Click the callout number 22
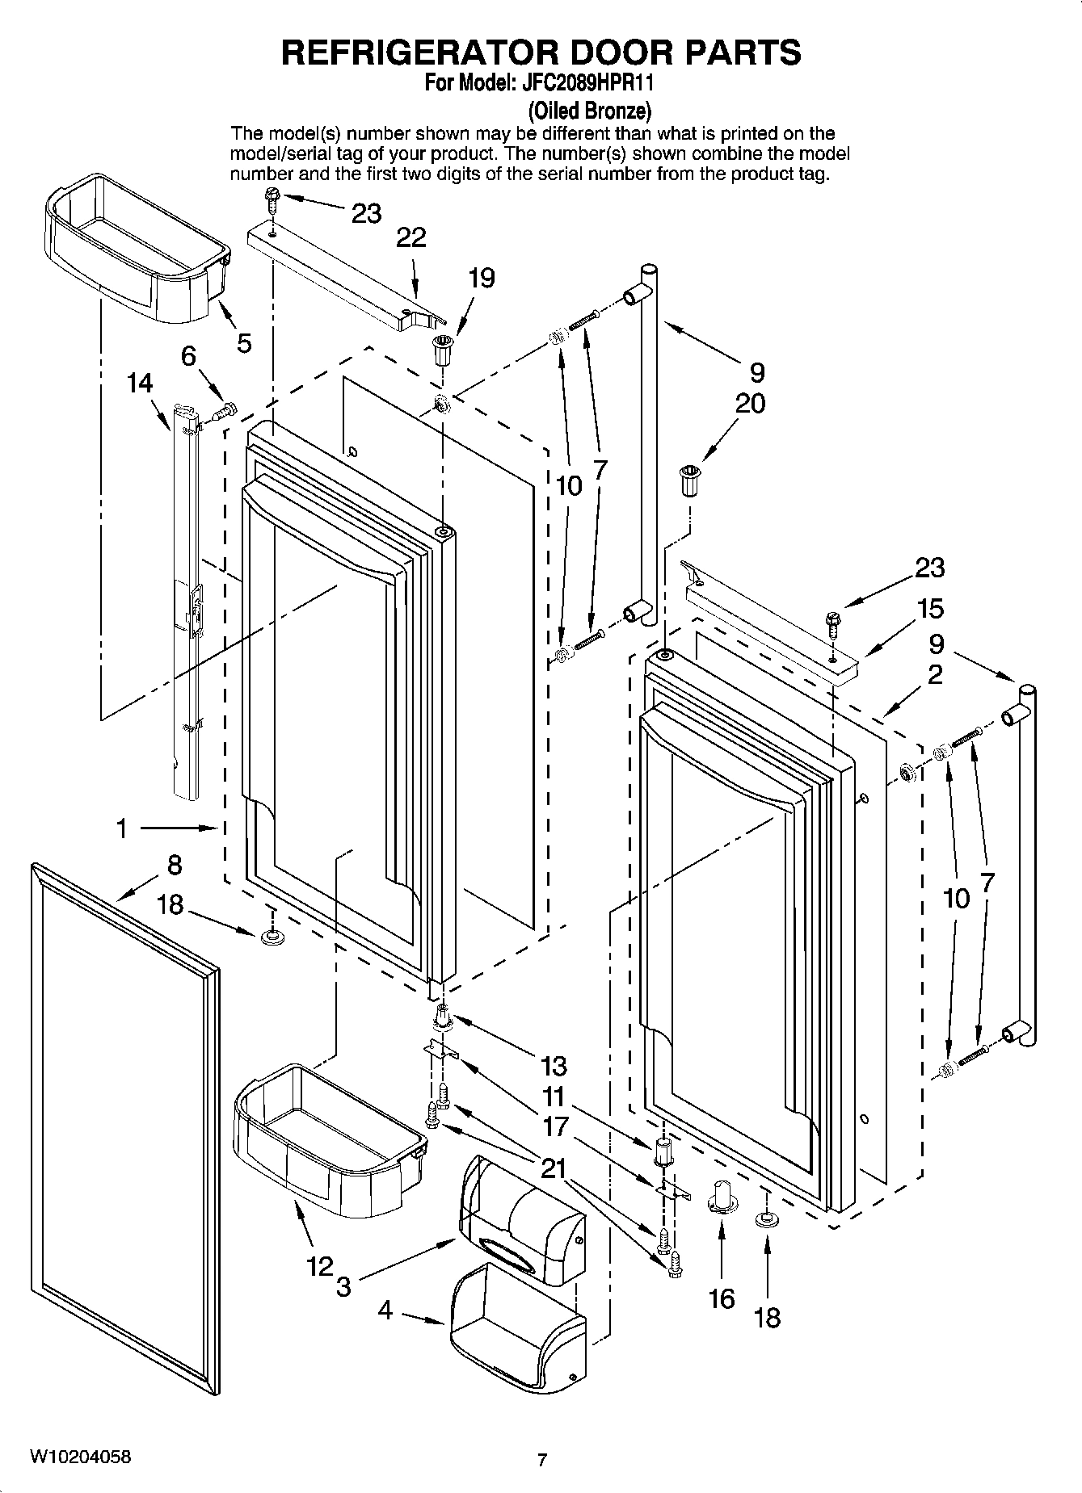click(x=411, y=237)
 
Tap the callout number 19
click(x=482, y=279)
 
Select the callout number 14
click(x=140, y=383)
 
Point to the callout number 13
click(x=554, y=1066)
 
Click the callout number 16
click(x=722, y=1298)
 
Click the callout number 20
click(x=750, y=403)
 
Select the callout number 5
click(x=244, y=342)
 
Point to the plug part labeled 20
click(x=688, y=481)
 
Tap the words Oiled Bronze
click(x=589, y=110)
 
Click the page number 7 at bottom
click(x=542, y=1460)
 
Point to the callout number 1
click(x=121, y=828)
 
